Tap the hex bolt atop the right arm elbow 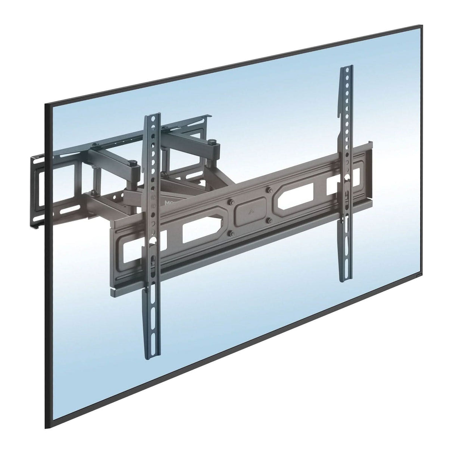212,141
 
